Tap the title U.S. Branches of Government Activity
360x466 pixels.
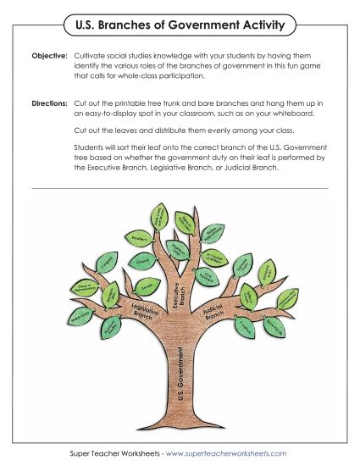[180, 26]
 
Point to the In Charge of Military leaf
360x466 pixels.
[213, 258]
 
